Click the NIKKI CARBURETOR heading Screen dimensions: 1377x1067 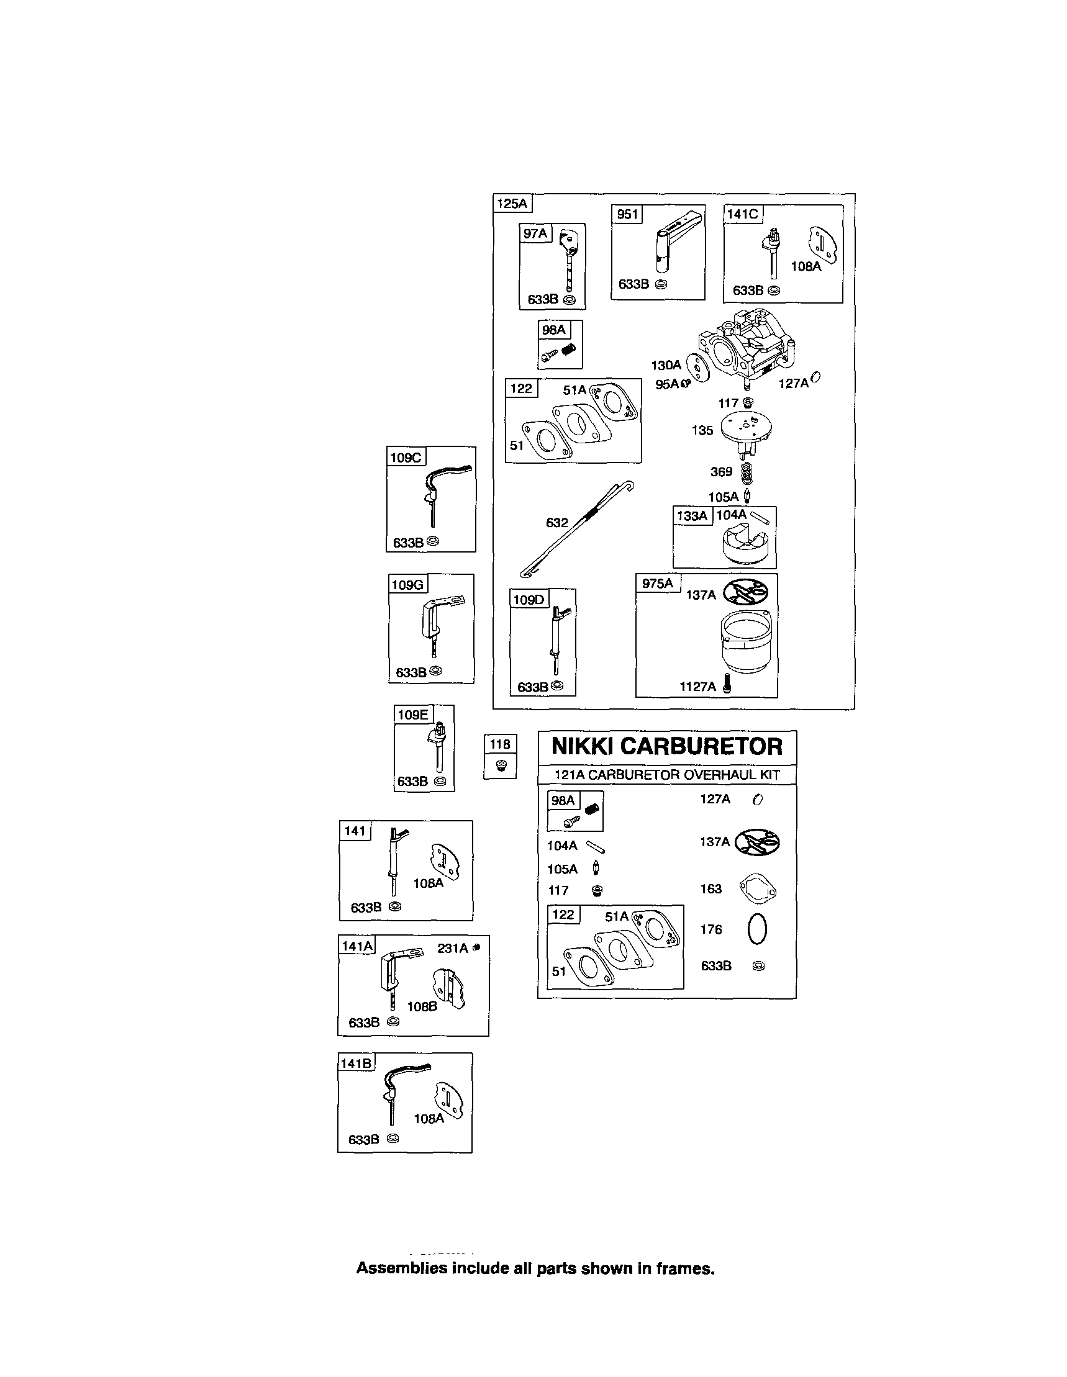point(666,746)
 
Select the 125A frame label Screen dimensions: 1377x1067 point(512,204)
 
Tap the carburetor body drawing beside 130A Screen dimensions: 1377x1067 point(744,348)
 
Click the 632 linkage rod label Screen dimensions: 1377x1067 point(557,522)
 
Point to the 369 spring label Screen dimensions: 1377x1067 point(722,472)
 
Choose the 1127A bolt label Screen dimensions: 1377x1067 point(697,687)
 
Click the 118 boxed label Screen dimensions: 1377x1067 point(500,744)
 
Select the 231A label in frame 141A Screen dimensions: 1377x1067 point(453,948)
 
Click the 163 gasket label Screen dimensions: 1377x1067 point(711,889)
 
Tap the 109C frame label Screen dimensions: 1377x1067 point(406,457)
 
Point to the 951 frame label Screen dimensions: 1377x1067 point(627,214)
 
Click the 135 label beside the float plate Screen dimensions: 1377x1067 point(702,431)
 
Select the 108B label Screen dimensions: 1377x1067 point(422,1007)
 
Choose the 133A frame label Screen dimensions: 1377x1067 point(692,516)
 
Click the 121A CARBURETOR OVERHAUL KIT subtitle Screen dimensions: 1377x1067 point(666,775)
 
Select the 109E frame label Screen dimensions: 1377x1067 point(413,715)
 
